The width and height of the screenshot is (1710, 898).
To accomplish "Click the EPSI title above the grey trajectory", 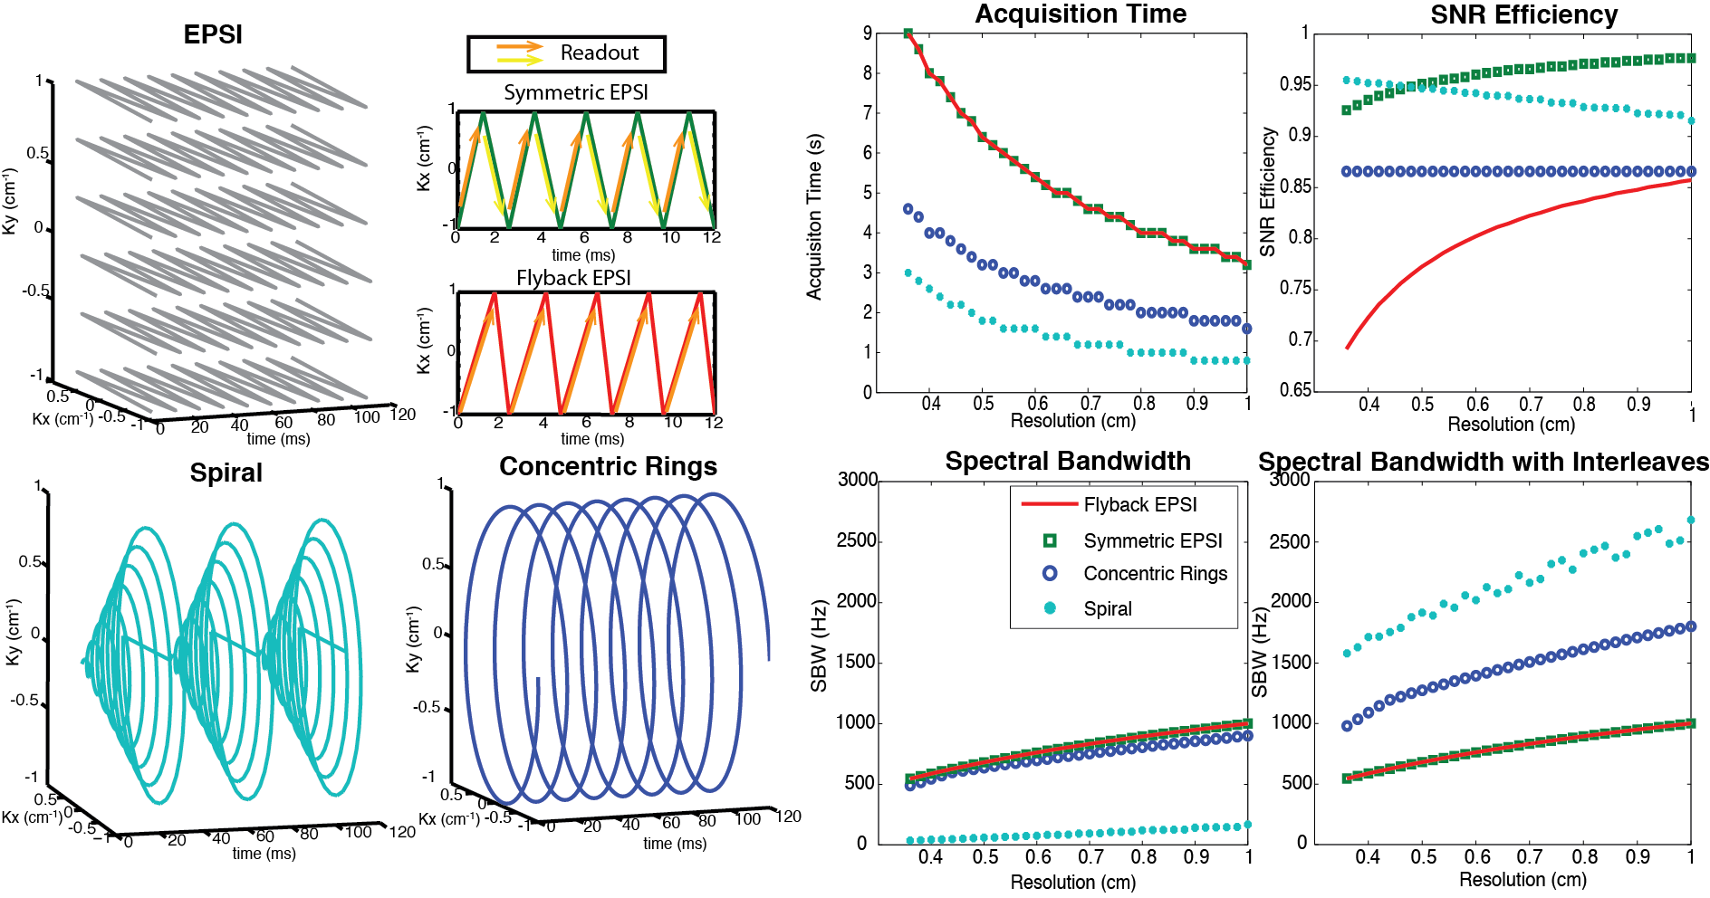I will [x=213, y=34].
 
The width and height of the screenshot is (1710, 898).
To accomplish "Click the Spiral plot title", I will [x=226, y=473].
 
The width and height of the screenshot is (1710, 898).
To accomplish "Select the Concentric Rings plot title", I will [x=608, y=466].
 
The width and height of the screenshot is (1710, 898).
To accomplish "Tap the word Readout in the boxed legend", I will [x=599, y=53].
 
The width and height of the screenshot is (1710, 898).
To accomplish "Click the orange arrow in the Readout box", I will [x=519, y=45].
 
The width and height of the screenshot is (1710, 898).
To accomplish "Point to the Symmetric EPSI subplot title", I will [x=576, y=92].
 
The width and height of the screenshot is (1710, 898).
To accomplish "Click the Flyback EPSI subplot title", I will [x=573, y=278].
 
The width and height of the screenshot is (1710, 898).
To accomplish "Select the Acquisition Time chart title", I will [x=1081, y=14].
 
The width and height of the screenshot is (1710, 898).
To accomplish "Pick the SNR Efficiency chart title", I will [x=1523, y=15].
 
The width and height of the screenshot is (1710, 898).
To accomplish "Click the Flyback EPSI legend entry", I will [x=1139, y=504].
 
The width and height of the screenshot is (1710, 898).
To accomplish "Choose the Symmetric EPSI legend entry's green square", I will [x=1050, y=540].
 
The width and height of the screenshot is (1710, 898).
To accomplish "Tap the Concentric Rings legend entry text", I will [x=1155, y=573].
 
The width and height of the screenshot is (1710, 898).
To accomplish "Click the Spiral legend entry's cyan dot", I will [x=1050, y=607].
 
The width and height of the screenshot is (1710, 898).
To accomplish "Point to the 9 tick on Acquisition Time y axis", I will [x=868, y=33].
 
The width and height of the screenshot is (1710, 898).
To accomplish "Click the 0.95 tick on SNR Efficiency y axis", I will [x=1294, y=84].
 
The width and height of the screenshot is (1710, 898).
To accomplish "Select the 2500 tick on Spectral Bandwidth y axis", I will [x=856, y=540].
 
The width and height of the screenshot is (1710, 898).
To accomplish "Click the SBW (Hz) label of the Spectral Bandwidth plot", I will [x=820, y=645].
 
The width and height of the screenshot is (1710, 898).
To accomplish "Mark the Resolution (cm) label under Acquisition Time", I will [x=1072, y=420].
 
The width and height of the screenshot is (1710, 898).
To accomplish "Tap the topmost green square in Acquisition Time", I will [x=908, y=33].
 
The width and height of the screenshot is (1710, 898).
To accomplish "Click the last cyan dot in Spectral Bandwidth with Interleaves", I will [x=1690, y=521].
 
